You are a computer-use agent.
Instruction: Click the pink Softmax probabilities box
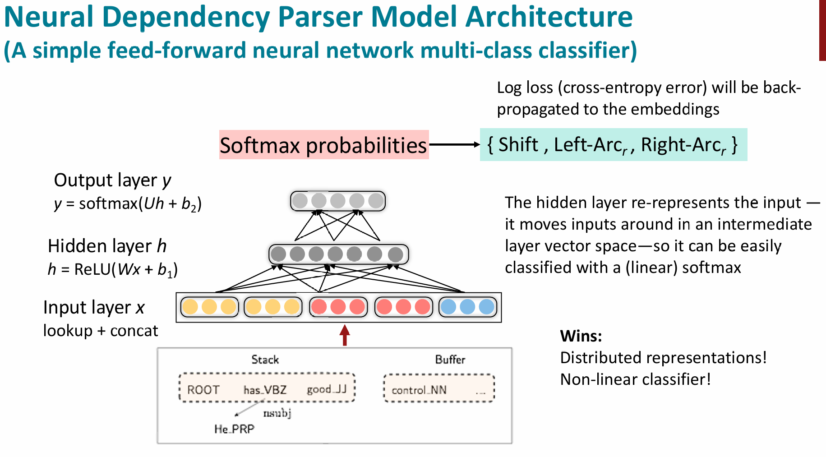pyautogui.click(x=323, y=145)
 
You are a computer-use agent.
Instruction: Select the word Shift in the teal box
pyautogui.click(x=518, y=145)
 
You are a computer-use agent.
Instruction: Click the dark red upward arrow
pyautogui.click(x=345, y=335)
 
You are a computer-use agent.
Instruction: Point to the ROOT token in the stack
pyautogui.click(x=203, y=390)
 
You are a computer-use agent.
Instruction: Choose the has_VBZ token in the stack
pyautogui.click(x=265, y=390)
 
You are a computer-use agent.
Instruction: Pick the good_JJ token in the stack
pyautogui.click(x=327, y=389)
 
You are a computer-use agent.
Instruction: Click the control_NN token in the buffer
pyautogui.click(x=419, y=390)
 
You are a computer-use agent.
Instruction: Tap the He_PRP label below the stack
pyautogui.click(x=234, y=429)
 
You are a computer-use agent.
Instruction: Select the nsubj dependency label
pyautogui.click(x=277, y=413)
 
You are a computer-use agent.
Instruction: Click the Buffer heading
pyautogui.click(x=450, y=360)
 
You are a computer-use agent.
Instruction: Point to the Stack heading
pyautogui.click(x=265, y=360)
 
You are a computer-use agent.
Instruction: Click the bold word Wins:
pyautogui.click(x=581, y=336)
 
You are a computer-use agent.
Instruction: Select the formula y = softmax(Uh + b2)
pyautogui.click(x=128, y=204)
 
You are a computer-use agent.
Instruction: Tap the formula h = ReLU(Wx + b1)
pyautogui.click(x=113, y=269)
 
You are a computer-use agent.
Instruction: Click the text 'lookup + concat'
pyautogui.click(x=101, y=331)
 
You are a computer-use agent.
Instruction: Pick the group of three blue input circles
pyautogui.click(x=467, y=307)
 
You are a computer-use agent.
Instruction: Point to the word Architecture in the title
pyautogui.click(x=549, y=17)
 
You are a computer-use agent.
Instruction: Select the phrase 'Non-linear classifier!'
pyautogui.click(x=635, y=379)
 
